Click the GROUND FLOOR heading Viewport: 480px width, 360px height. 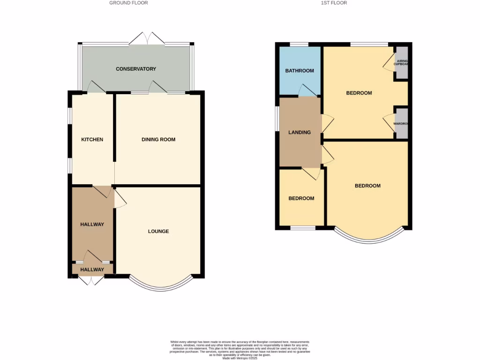click(128, 3)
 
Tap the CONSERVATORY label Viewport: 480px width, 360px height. click(136, 69)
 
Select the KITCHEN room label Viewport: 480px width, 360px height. click(92, 140)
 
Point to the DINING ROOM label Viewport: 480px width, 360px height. click(158, 140)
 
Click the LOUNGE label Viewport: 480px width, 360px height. click(158, 232)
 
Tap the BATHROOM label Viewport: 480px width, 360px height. click(300, 71)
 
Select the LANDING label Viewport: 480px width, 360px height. click(300, 133)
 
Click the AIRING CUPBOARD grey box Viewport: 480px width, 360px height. click(401, 63)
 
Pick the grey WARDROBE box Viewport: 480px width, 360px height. click(401, 124)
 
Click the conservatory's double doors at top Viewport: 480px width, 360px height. click(147, 39)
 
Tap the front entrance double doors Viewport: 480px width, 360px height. click(91, 280)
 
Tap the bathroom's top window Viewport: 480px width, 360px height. click(299, 45)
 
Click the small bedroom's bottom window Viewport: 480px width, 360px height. click(302, 228)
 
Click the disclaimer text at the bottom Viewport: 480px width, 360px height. click(240, 350)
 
